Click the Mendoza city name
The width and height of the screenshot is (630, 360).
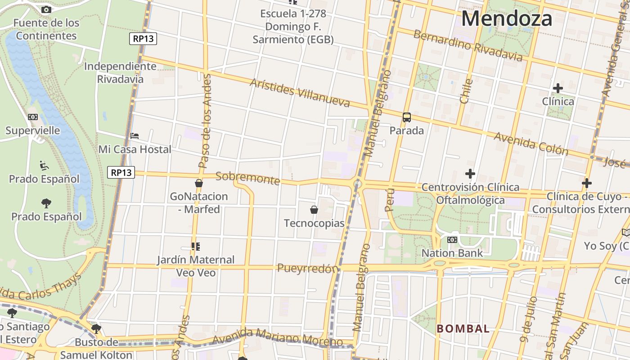click(507, 19)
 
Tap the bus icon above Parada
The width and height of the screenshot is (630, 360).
click(407, 117)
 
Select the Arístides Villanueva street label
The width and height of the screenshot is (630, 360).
click(300, 93)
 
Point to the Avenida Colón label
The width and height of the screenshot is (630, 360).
click(531, 143)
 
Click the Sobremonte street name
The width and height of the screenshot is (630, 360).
click(247, 178)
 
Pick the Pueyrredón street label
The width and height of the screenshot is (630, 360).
click(307, 268)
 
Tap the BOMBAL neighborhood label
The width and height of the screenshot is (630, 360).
click(463, 328)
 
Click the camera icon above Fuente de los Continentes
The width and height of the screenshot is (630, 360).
click(46, 9)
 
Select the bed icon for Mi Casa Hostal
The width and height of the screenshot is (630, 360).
click(135, 135)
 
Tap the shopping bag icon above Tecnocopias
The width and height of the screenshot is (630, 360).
click(314, 210)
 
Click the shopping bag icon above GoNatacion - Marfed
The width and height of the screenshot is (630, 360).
click(199, 183)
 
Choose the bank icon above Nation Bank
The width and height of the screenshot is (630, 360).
click(452, 240)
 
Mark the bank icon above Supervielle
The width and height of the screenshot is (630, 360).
click(32, 117)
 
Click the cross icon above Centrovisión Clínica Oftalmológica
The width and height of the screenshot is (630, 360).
click(470, 174)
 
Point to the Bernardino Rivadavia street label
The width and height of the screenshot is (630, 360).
click(468, 45)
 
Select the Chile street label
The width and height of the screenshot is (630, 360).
click(466, 91)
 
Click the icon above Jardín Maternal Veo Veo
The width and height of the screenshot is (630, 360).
click(195, 246)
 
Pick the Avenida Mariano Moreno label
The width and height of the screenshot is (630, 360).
click(278, 337)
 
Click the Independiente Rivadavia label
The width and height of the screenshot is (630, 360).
click(121, 72)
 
